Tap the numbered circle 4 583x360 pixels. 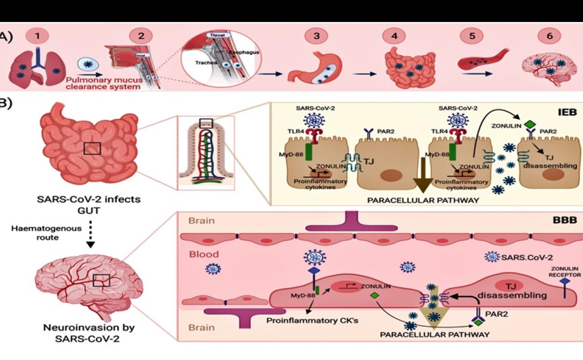(395, 36)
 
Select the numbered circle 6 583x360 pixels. (550, 36)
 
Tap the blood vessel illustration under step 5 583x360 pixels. (481, 60)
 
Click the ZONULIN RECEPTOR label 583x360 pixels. (565, 272)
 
